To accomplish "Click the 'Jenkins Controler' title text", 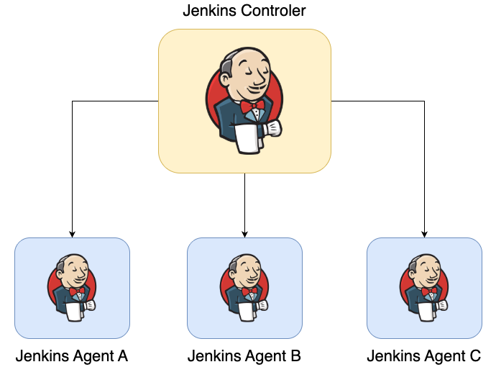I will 244,11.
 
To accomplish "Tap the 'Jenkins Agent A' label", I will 72,355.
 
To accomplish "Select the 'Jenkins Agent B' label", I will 244,355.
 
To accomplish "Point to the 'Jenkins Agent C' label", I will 424,355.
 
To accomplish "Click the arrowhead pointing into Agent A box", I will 72,233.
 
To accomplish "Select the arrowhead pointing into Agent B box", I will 244,233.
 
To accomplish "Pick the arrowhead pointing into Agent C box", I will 424,233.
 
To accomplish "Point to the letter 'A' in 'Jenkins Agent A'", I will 123,355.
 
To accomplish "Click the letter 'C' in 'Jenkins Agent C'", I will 475,355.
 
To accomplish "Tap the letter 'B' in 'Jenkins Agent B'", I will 295,355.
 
